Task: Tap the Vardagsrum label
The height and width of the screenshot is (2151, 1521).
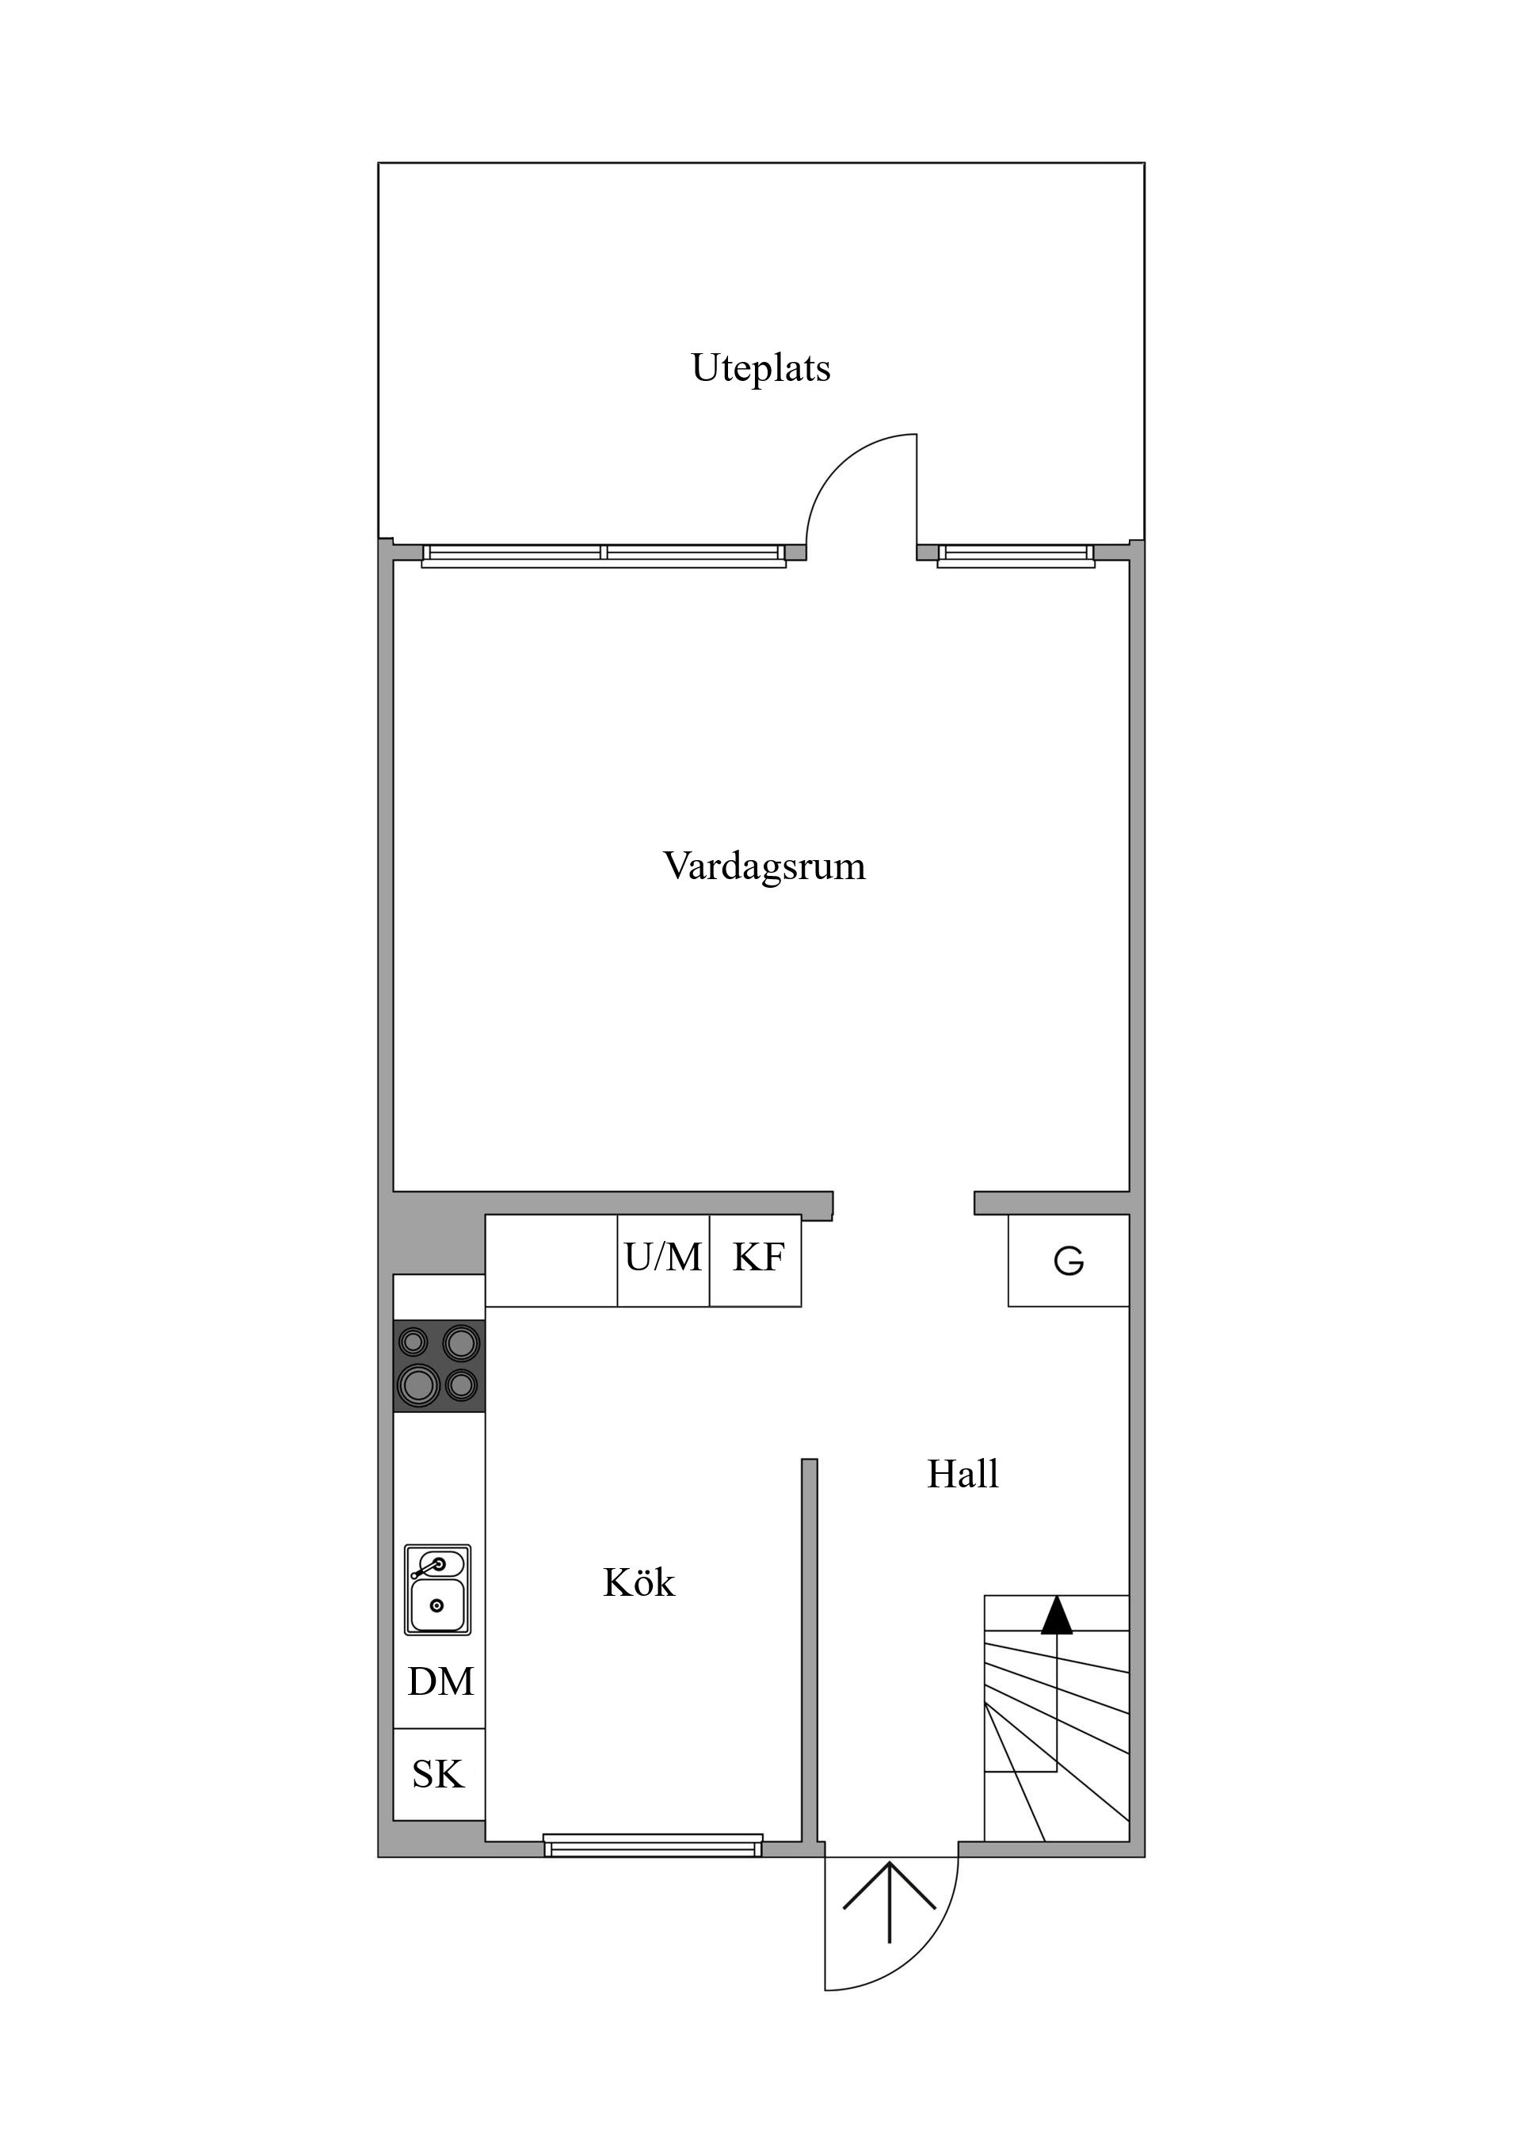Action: point(764,866)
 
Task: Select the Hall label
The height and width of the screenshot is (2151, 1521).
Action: point(963,1475)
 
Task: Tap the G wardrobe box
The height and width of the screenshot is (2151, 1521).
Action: point(1069,1261)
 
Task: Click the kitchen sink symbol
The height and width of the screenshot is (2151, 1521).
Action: point(437,1589)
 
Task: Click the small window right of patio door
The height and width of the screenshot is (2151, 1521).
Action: point(1016,555)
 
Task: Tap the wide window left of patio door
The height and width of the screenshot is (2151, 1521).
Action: point(604,555)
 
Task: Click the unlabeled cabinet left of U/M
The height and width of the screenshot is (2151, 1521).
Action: point(551,1260)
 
